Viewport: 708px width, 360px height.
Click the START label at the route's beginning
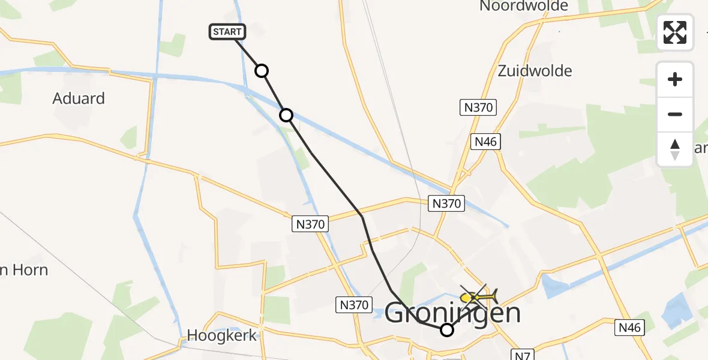click(227, 32)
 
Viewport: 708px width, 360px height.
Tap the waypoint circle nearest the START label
click(262, 71)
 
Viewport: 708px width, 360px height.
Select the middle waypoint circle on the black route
click(286, 115)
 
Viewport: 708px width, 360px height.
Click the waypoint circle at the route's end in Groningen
click(447, 329)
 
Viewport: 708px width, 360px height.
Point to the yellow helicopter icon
click(479, 296)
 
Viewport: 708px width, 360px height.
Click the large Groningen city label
click(452, 313)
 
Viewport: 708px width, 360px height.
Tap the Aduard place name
click(79, 98)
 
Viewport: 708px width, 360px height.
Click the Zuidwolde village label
click(535, 71)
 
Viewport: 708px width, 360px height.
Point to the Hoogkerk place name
click(221, 335)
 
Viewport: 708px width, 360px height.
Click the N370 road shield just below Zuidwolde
click(478, 108)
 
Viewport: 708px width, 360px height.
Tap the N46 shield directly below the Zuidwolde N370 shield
click(486, 142)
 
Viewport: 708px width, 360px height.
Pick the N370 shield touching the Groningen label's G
click(353, 305)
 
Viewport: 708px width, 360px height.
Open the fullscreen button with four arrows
click(675, 32)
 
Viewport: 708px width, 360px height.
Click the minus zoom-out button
click(675, 114)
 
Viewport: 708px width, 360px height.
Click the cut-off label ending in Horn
click(24, 270)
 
